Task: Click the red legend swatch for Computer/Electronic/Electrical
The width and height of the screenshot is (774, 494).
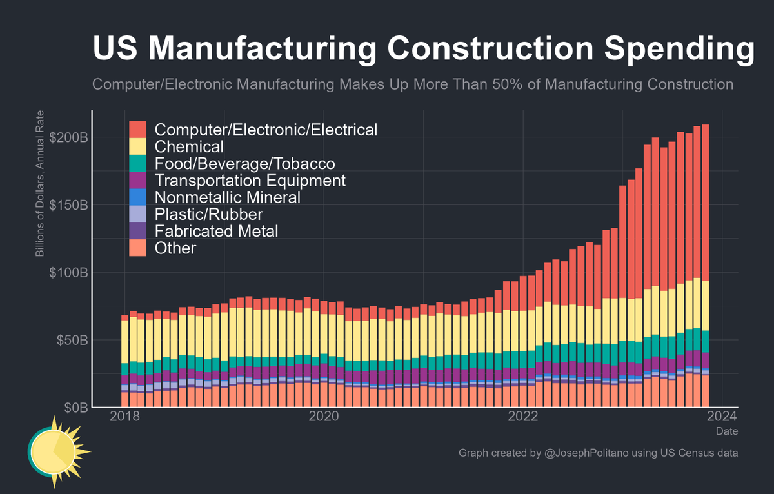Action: click(137, 129)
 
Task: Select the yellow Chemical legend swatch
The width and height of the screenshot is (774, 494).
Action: click(137, 146)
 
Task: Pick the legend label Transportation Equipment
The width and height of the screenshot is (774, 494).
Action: click(250, 180)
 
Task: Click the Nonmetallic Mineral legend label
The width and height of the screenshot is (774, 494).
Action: click(228, 197)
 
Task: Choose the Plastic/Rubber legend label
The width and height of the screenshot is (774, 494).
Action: click(209, 213)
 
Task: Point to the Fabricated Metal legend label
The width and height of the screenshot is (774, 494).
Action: click(217, 230)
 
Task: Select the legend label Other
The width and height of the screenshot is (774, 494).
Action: click(175, 248)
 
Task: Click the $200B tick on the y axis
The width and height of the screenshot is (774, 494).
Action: click(67, 137)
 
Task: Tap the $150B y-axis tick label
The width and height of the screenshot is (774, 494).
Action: click(67, 205)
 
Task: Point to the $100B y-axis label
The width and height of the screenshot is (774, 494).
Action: click(67, 272)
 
